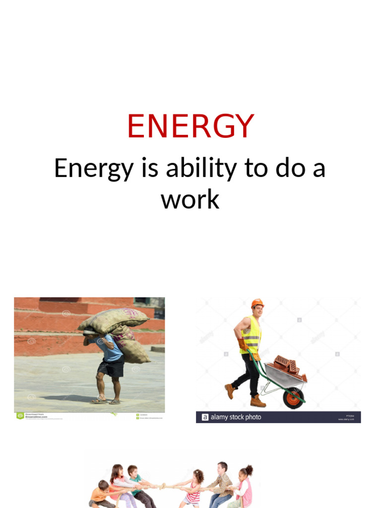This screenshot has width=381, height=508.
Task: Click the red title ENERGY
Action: pyautogui.click(x=190, y=127)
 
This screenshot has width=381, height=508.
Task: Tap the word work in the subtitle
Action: pyautogui.click(x=190, y=199)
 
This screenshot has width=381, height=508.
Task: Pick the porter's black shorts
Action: pyautogui.click(x=111, y=368)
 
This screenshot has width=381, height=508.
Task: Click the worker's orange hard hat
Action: pyautogui.click(x=257, y=303)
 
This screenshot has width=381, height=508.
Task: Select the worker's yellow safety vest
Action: pyautogui.click(x=251, y=335)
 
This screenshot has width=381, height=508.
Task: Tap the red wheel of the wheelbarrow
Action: pyautogui.click(x=293, y=398)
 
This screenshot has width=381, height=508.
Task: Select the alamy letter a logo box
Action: pyautogui.click(x=204, y=417)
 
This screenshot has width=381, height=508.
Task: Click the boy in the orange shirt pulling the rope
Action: pyautogui.click(x=101, y=494)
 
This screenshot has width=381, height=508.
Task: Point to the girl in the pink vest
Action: pyautogui.click(x=244, y=489)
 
